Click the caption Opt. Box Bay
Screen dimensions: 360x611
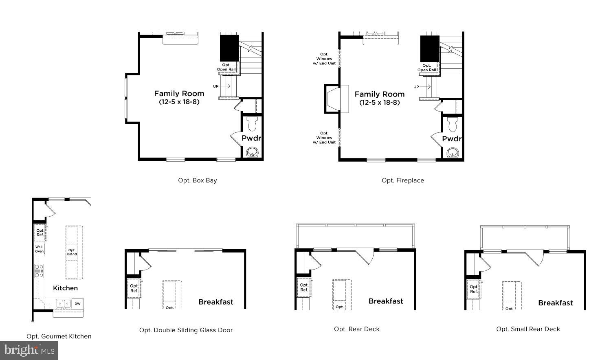pyautogui.click(x=197, y=180)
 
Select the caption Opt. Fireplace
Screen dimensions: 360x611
pyautogui.click(x=402, y=180)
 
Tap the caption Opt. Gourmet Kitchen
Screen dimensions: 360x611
pyautogui.click(x=59, y=336)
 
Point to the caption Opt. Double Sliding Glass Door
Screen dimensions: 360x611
pyautogui.click(x=186, y=330)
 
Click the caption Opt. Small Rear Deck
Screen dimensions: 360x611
pyautogui.click(x=528, y=329)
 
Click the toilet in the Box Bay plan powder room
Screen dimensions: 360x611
pyautogui.click(x=252, y=123)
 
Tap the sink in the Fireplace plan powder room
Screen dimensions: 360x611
pyautogui.click(x=453, y=153)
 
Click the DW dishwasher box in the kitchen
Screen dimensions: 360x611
pyautogui.click(x=77, y=303)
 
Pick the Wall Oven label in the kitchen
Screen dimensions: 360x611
pyautogui.click(x=39, y=249)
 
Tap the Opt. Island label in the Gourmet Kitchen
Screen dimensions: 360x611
pyautogui.click(x=72, y=252)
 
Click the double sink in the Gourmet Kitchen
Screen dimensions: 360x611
pyautogui.click(x=63, y=303)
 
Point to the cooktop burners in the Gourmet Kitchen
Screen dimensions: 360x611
pyautogui.click(x=39, y=271)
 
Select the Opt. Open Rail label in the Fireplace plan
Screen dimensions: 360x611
pyautogui.click(x=426, y=68)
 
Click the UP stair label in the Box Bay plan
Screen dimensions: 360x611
pyautogui.click(x=215, y=86)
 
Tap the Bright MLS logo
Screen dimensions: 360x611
pyautogui.click(x=29, y=350)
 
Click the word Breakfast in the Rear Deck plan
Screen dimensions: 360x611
pyautogui.click(x=386, y=301)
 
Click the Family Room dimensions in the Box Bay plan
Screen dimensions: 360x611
pyautogui.click(x=179, y=102)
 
